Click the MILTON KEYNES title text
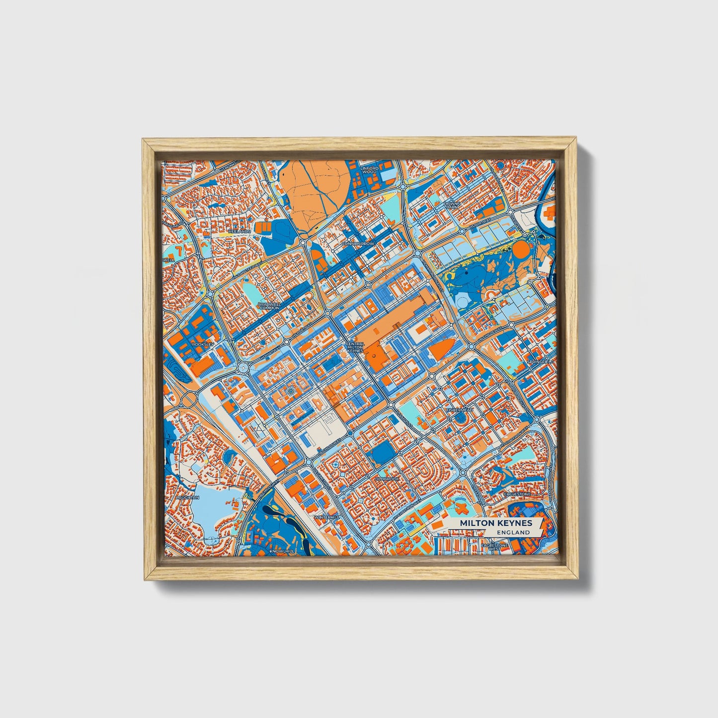pos(495,523)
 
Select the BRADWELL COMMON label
pos(269,306)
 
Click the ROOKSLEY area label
pos(202,343)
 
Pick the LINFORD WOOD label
pos(369,170)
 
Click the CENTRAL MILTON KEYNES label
pos(355,347)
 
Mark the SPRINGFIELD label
pos(541,362)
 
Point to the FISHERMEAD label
pos(459,410)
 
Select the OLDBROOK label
pos(387,479)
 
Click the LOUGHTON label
pos(187,497)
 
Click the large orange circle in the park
pos(521,250)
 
